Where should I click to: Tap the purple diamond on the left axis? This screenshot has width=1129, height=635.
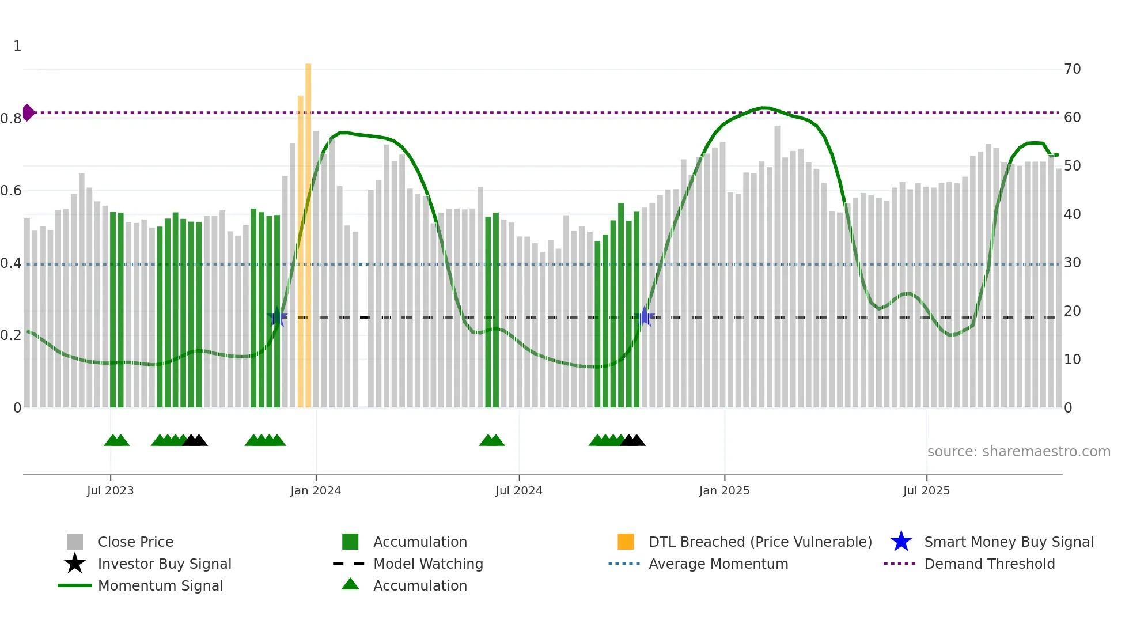tap(28, 112)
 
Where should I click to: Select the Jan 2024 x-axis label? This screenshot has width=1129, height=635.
tap(316, 490)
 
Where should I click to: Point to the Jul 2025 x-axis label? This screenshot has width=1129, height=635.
tap(926, 490)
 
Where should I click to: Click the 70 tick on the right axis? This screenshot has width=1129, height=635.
tap(1073, 69)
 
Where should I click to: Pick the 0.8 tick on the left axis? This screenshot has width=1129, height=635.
tap(11, 119)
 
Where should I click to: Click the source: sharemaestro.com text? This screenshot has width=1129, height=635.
tap(1018, 451)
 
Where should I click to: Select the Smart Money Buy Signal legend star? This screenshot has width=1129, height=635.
tap(901, 542)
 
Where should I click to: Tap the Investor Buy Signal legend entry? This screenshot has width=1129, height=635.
tap(164, 564)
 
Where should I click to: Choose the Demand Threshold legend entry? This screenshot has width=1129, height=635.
tap(989, 564)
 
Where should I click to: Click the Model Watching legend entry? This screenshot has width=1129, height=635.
tap(427, 564)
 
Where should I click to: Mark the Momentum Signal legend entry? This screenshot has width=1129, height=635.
tap(160, 585)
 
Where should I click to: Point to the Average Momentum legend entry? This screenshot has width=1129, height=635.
tap(718, 564)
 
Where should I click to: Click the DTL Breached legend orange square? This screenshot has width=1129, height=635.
tap(626, 542)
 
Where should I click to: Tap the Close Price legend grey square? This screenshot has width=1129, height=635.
tap(75, 542)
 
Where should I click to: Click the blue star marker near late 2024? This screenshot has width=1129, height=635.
tap(645, 317)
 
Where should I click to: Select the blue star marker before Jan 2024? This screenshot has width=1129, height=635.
tap(277, 317)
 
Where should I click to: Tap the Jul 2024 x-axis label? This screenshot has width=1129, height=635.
tap(519, 490)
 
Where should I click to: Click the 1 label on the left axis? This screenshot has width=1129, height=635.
tap(17, 46)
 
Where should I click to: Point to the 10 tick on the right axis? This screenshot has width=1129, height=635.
tap(1073, 360)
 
